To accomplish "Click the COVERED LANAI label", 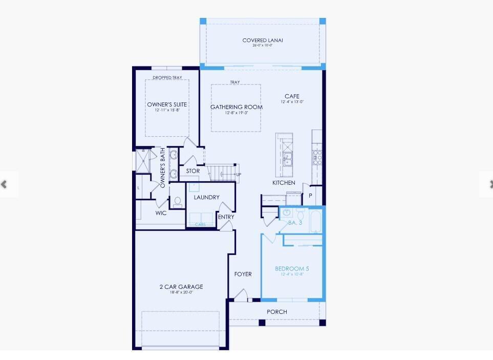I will click(263, 40).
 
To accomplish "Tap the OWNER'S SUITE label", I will click(167, 104).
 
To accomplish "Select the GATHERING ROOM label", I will click(237, 107).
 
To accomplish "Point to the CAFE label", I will click(292, 96).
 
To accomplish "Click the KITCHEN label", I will click(284, 183).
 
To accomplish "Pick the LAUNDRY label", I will click(207, 197).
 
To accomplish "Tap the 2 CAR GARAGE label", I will click(181, 287).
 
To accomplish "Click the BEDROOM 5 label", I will click(292, 269).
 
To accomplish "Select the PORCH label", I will click(277, 312).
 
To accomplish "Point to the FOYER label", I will click(243, 274).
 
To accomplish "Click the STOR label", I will click(193, 171).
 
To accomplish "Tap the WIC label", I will click(161, 213).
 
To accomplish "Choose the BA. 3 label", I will click(296, 223).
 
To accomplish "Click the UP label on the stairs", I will click(238, 175).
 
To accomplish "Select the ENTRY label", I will click(226, 217).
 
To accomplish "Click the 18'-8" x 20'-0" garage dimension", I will click(181, 293).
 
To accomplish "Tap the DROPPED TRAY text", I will click(167, 78).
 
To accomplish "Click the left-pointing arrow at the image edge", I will click(5, 184).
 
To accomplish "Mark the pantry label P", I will click(310, 196).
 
